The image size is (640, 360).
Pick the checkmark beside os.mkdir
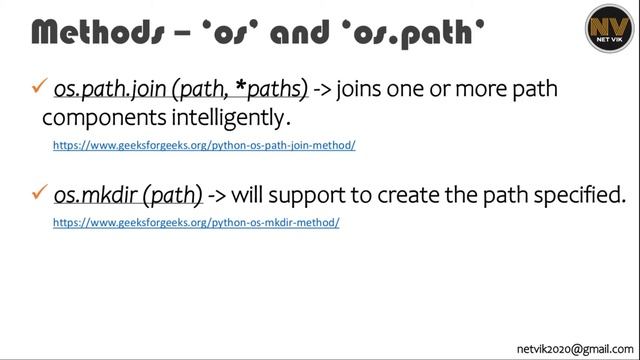41,192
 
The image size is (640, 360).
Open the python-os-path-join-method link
204,145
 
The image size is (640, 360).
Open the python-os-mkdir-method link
196,222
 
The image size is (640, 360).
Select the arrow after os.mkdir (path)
219,194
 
